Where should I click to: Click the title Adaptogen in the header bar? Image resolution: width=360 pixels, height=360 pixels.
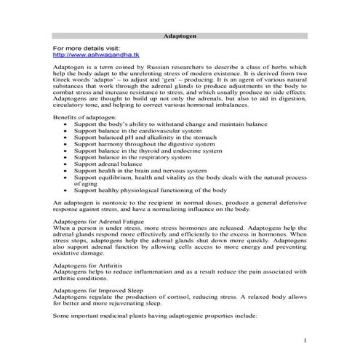(180, 35)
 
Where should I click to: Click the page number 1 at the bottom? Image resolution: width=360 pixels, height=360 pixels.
(306, 340)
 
